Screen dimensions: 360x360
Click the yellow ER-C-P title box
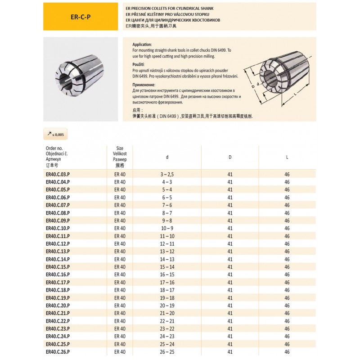coord(81,17)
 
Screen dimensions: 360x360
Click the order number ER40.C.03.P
coord(58,174)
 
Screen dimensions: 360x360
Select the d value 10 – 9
coord(167,228)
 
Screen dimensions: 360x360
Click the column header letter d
coord(167,157)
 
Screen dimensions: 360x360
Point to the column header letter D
coord(230,157)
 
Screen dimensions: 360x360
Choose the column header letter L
coord(287,157)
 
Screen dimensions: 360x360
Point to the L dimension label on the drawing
coord(295,94)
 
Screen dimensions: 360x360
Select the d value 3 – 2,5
coord(167,174)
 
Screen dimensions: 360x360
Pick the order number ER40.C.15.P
coord(58,267)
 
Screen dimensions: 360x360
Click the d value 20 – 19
coord(167,306)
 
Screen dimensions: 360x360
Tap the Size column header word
coord(120,148)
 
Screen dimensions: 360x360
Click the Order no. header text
coord(54,148)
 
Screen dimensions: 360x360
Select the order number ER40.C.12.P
coord(58,243)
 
